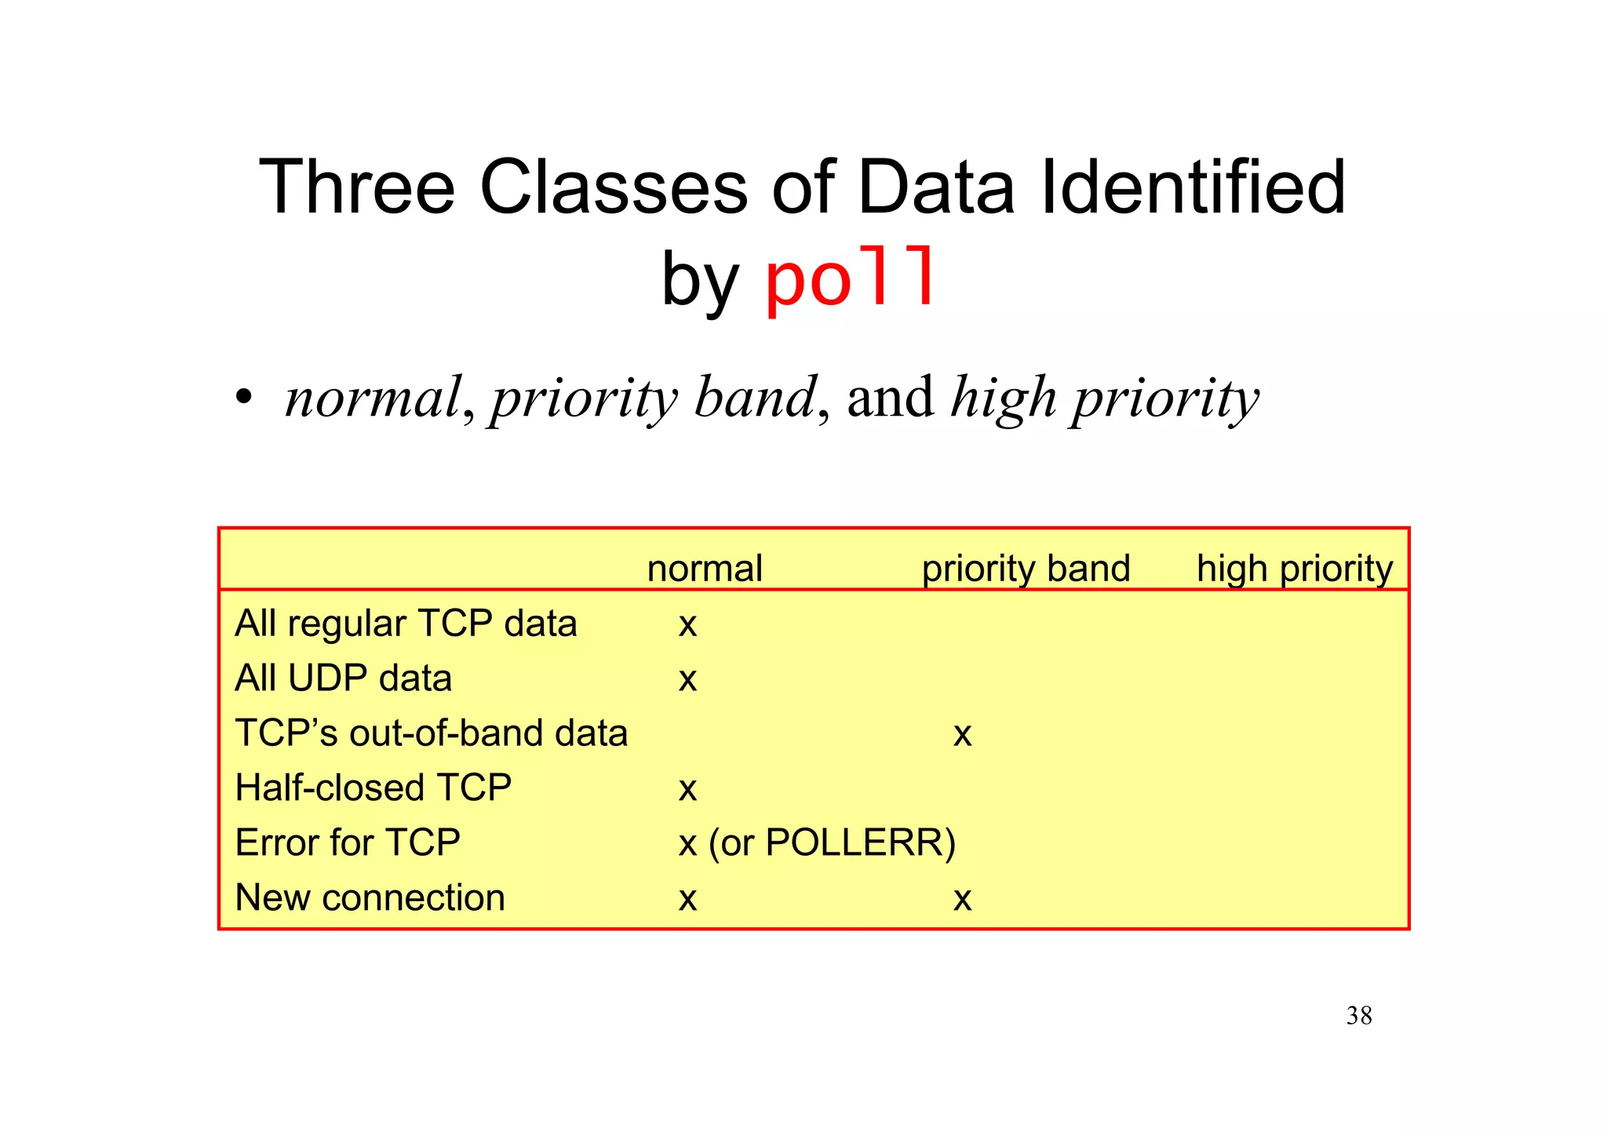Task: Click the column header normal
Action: point(705,568)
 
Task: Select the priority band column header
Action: point(1026,568)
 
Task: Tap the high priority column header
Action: point(1294,568)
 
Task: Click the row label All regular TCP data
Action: point(406,624)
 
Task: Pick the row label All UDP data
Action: point(343,678)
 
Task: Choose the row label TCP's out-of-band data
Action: point(431,733)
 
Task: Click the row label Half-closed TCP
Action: point(373,788)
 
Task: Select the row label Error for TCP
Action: point(347,842)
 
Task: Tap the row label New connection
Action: point(370,897)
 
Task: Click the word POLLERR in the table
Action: point(854,842)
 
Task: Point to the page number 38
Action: point(1359,1016)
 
